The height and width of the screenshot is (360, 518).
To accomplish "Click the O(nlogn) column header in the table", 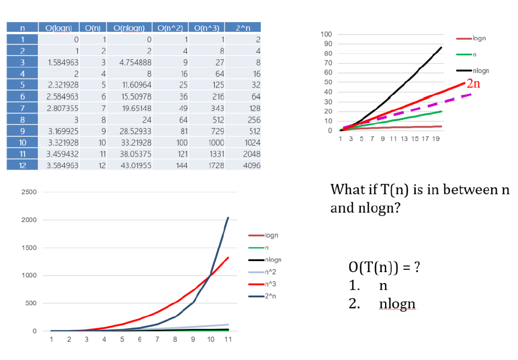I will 129,27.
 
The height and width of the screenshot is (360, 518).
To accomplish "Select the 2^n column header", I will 242,27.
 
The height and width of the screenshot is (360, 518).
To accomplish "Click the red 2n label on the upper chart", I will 473,84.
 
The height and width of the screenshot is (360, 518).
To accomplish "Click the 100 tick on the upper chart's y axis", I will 326,35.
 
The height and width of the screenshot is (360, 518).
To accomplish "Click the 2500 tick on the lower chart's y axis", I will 29,192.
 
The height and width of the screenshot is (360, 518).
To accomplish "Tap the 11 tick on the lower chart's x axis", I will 228,339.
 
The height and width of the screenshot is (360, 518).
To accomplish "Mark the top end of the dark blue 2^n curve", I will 228,218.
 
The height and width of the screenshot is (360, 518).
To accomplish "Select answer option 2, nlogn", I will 397,304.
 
